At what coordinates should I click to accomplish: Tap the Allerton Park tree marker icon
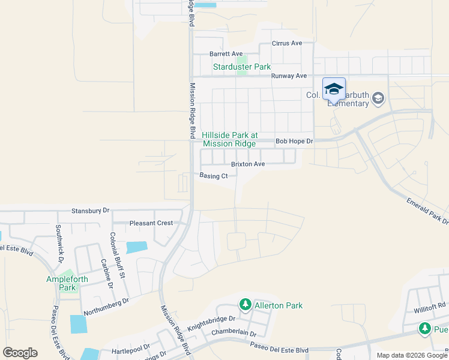245,305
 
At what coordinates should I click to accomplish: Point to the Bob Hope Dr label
294,142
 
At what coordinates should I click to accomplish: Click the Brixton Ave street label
248,164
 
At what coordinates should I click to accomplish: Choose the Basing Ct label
214,176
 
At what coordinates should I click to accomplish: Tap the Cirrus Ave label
287,43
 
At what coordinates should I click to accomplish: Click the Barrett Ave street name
226,53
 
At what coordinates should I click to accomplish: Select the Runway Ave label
289,76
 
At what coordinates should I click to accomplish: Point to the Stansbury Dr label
91,211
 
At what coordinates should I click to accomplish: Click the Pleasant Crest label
151,223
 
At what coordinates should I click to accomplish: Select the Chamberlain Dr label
234,333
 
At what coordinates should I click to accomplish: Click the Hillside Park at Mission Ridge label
229,140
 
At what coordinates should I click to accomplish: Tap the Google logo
20,353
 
